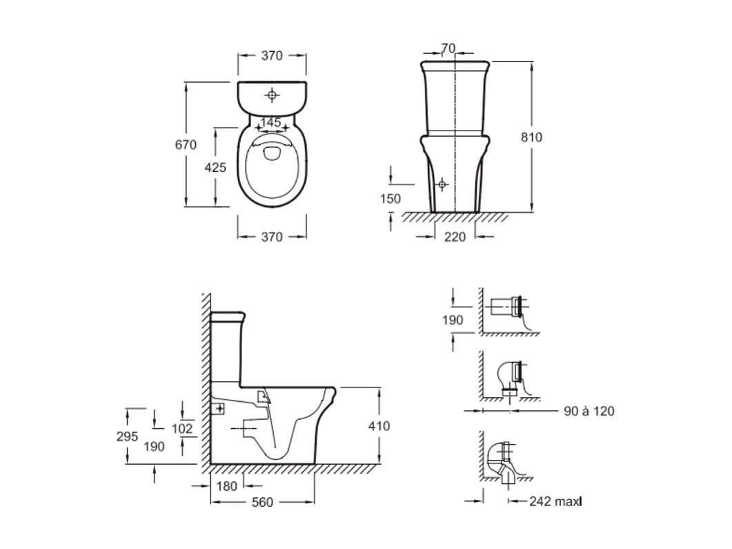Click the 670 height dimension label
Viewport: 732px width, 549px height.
tap(186, 145)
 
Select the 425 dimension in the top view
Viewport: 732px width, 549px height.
tap(215, 167)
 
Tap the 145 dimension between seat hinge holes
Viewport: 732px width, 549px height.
tap(270, 122)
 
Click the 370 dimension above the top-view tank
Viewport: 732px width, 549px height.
tap(272, 57)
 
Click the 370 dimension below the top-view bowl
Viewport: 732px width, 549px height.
tap(272, 237)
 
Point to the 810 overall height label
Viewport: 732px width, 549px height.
tap(531, 137)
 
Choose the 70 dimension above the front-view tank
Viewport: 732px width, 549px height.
tap(448, 48)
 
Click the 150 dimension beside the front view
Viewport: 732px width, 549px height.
tap(390, 198)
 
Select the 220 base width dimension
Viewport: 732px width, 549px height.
tap(455, 237)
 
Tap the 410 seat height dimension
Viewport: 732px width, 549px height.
tap(379, 426)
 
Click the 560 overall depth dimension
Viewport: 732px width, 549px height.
tap(262, 503)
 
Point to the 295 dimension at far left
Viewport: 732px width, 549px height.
tap(128, 436)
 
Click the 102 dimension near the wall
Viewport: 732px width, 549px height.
tap(182, 428)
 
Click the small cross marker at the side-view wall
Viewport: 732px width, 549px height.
tap(219, 408)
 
